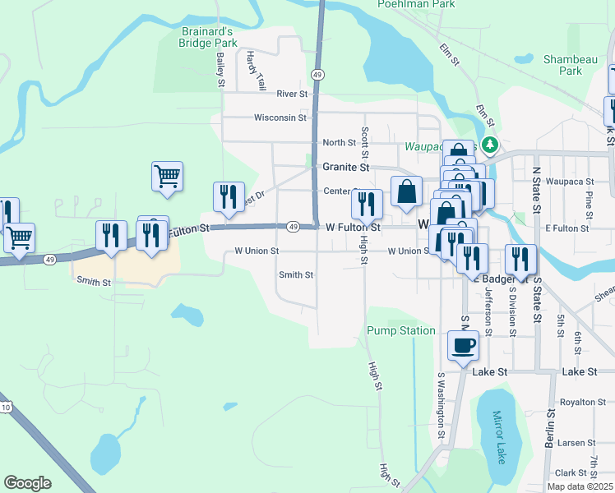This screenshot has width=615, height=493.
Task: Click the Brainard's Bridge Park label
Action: click(208, 37)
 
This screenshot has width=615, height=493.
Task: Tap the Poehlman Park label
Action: click(416, 4)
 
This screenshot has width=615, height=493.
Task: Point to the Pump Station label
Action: click(402, 330)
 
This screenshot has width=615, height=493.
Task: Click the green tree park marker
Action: click(490, 145)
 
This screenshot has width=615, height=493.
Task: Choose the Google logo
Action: click(27, 483)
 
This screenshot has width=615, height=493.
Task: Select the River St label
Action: click(292, 94)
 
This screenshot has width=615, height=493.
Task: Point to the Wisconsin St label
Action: click(280, 117)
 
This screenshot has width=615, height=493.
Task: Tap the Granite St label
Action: click(345, 167)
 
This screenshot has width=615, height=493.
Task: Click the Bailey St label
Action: click(220, 71)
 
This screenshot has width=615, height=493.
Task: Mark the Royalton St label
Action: click(582, 403)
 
